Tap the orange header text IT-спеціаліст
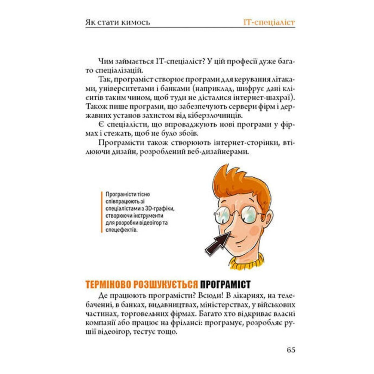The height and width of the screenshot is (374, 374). [x=269, y=22]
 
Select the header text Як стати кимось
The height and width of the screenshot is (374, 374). [x=118, y=22]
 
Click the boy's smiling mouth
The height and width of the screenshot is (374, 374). [x=242, y=238]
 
